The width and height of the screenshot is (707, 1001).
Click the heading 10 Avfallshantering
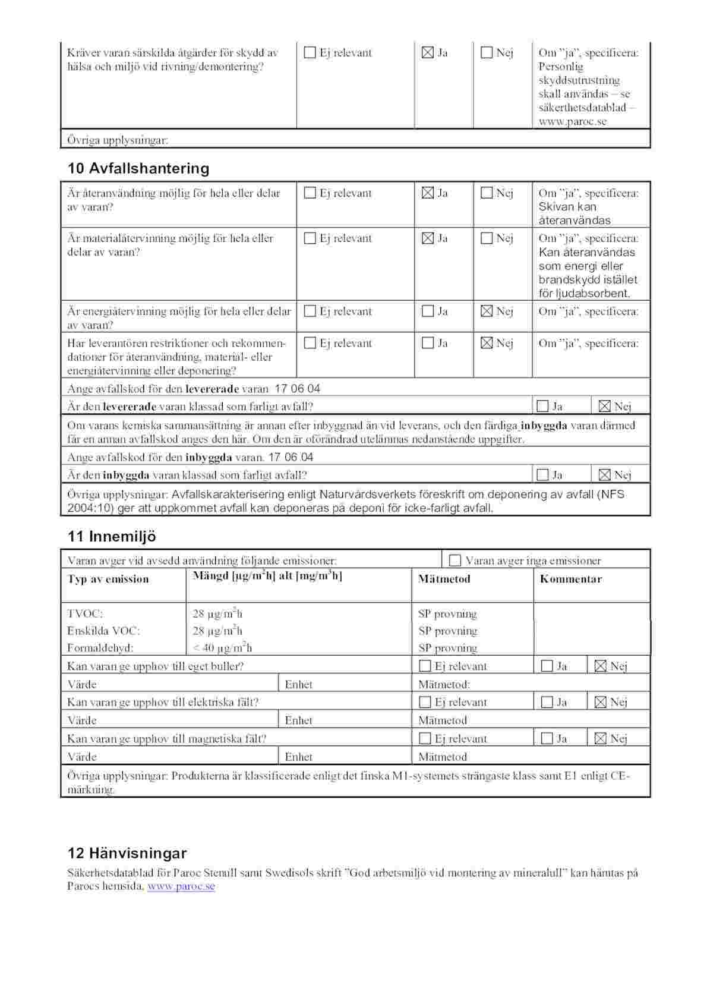pyautogui.click(x=138, y=168)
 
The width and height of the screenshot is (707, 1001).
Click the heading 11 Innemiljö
pyautogui.click(x=112, y=536)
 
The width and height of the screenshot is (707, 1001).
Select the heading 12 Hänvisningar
pyautogui.click(x=127, y=853)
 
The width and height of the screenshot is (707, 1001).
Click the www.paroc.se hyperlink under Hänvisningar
pyautogui.click(x=181, y=886)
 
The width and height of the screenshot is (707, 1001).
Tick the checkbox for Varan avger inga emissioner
pyautogui.click(x=455, y=561)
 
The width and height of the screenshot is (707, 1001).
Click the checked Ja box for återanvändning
pyautogui.click(x=427, y=193)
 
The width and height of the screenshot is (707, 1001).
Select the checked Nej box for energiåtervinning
pyautogui.click(x=487, y=311)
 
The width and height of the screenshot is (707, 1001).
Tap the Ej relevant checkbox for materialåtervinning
pyautogui.click(x=310, y=238)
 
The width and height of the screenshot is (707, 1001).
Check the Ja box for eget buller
pyautogui.click(x=547, y=666)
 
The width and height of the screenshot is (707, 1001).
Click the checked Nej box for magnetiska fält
pyautogui.click(x=600, y=739)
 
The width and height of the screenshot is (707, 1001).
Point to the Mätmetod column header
pyautogui.click(x=444, y=579)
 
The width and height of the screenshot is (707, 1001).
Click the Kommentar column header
pyautogui.click(x=570, y=579)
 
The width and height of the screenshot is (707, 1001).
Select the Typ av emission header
pyautogui.click(x=108, y=579)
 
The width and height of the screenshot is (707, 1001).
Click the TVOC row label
pyautogui.click(x=85, y=613)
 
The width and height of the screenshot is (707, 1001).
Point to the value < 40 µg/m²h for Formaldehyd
pyautogui.click(x=222, y=648)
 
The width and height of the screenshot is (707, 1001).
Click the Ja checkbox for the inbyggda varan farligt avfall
pyautogui.click(x=542, y=475)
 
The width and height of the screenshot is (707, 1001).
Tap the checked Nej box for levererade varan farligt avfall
pyautogui.click(x=604, y=407)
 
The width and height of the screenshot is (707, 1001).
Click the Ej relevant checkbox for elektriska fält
pyautogui.click(x=425, y=702)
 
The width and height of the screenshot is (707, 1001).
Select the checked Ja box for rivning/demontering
pyautogui.click(x=427, y=53)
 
